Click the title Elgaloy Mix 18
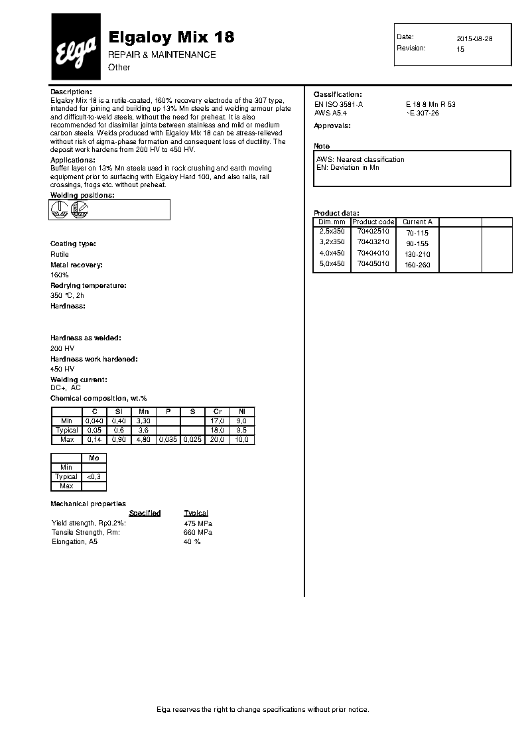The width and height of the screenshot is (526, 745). pyautogui.click(x=170, y=37)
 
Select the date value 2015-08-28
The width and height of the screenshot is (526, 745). pyautogui.click(x=474, y=38)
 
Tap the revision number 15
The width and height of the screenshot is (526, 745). pyautogui.click(x=460, y=49)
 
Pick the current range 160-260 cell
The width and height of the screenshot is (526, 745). pyautogui.click(x=417, y=265)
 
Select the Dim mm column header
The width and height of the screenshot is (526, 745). pyautogui.click(x=332, y=222)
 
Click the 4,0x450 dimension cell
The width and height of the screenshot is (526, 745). pyautogui.click(x=332, y=253)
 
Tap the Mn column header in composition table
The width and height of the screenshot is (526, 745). pyautogui.click(x=143, y=412)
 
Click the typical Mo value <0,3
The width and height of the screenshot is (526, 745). pyautogui.click(x=94, y=476)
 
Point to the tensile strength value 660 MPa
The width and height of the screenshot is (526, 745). pyautogui.click(x=198, y=532)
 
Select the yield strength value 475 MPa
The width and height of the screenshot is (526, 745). pyautogui.click(x=198, y=523)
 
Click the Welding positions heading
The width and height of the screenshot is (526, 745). pyautogui.click(x=82, y=196)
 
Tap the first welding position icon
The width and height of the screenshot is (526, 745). pyautogui.click(x=60, y=210)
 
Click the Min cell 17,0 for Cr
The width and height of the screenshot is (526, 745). pyautogui.click(x=217, y=421)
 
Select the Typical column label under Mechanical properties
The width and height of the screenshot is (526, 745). pyautogui.click(x=196, y=513)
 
